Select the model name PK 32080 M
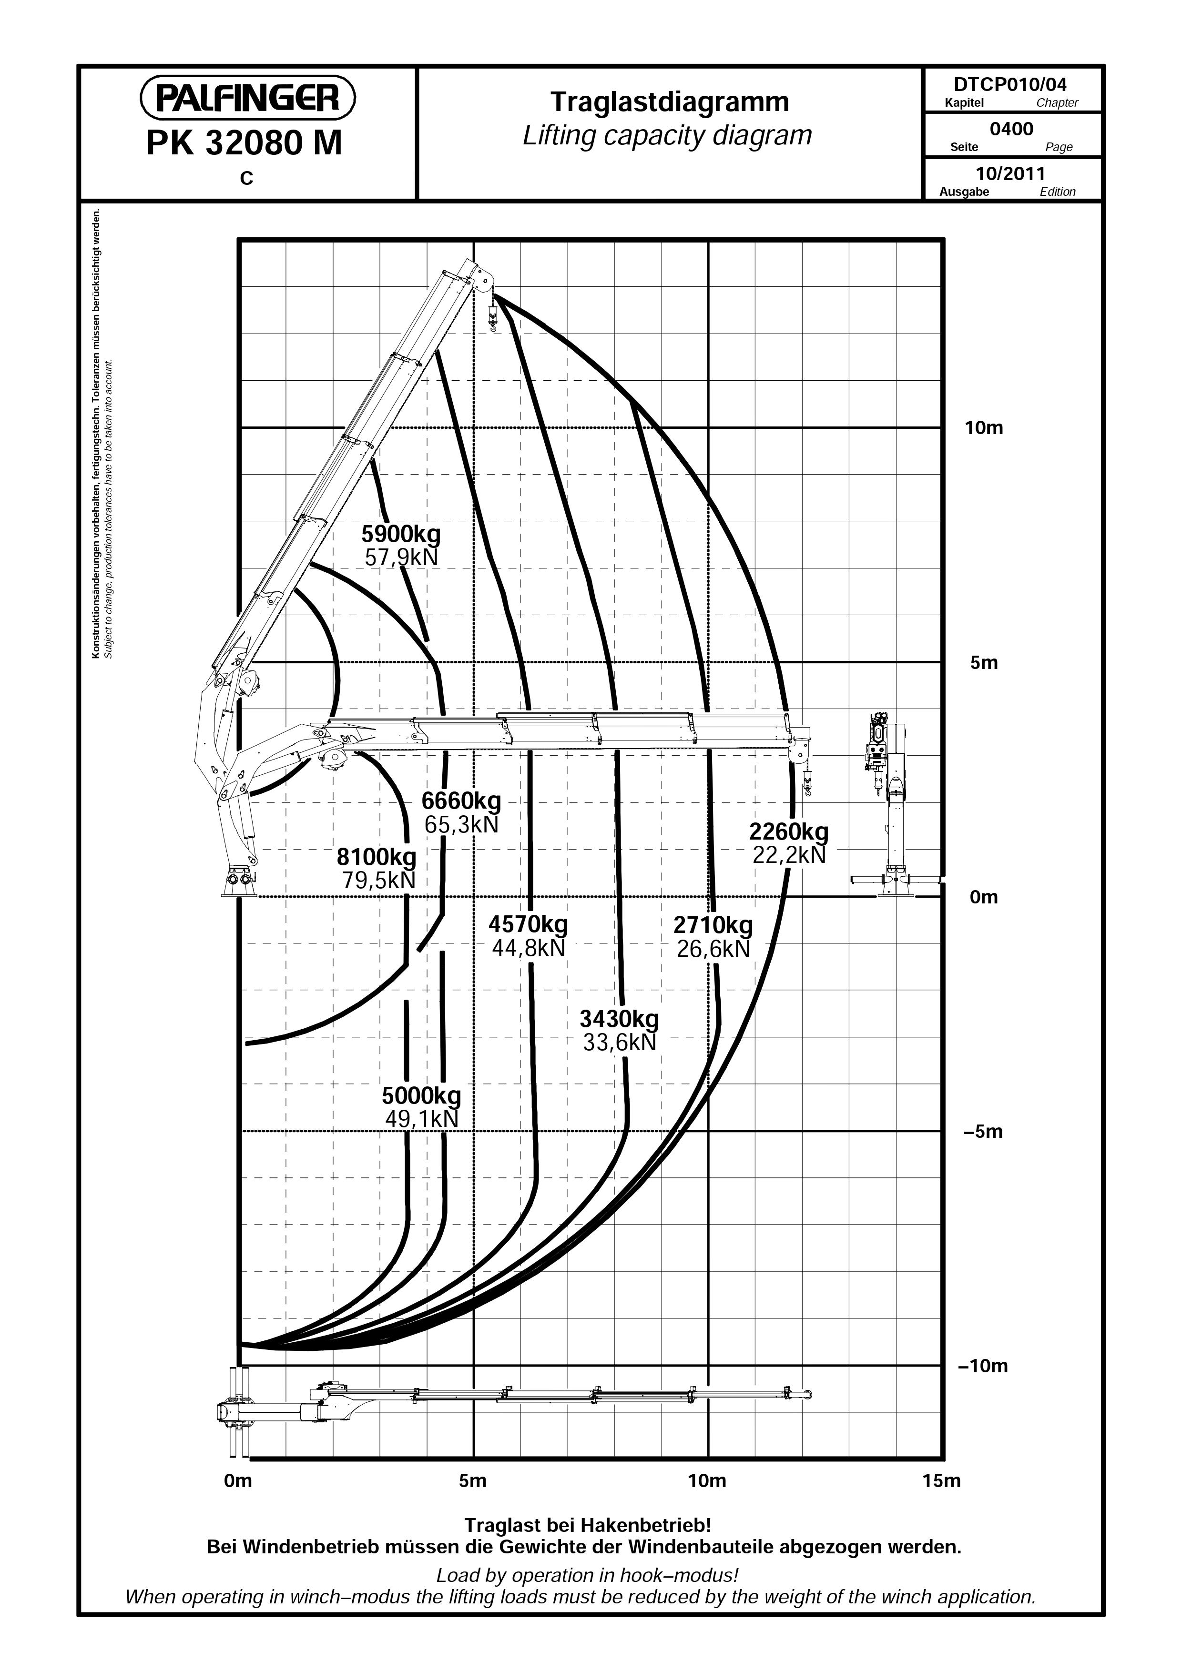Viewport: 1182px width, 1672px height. point(244,143)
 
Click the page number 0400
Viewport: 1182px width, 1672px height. point(1011,129)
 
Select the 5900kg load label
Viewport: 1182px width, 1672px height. point(401,534)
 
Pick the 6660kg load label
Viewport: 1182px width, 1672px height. point(461,801)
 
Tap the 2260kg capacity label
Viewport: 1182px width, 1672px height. point(789,831)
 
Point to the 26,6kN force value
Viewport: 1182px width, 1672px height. point(713,948)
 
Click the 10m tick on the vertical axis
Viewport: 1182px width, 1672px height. point(984,427)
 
